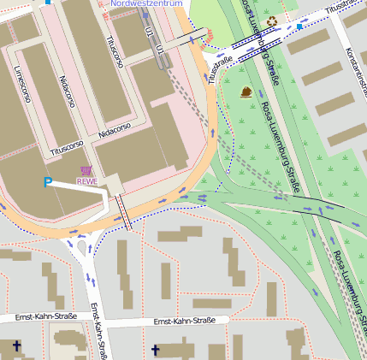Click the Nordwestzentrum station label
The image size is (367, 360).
(148, 4)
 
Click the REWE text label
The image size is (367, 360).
(86, 180)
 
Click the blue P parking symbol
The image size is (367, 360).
(48, 182)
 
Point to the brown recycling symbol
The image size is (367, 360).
(272, 21)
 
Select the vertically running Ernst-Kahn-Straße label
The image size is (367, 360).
(98, 332)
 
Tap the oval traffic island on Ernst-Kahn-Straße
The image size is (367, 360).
(82, 249)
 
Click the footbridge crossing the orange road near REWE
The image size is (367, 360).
(124, 213)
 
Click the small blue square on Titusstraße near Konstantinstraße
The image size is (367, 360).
(299, 27)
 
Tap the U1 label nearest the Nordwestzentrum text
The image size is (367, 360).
(150, 32)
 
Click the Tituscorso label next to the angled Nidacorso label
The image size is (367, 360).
(68, 145)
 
